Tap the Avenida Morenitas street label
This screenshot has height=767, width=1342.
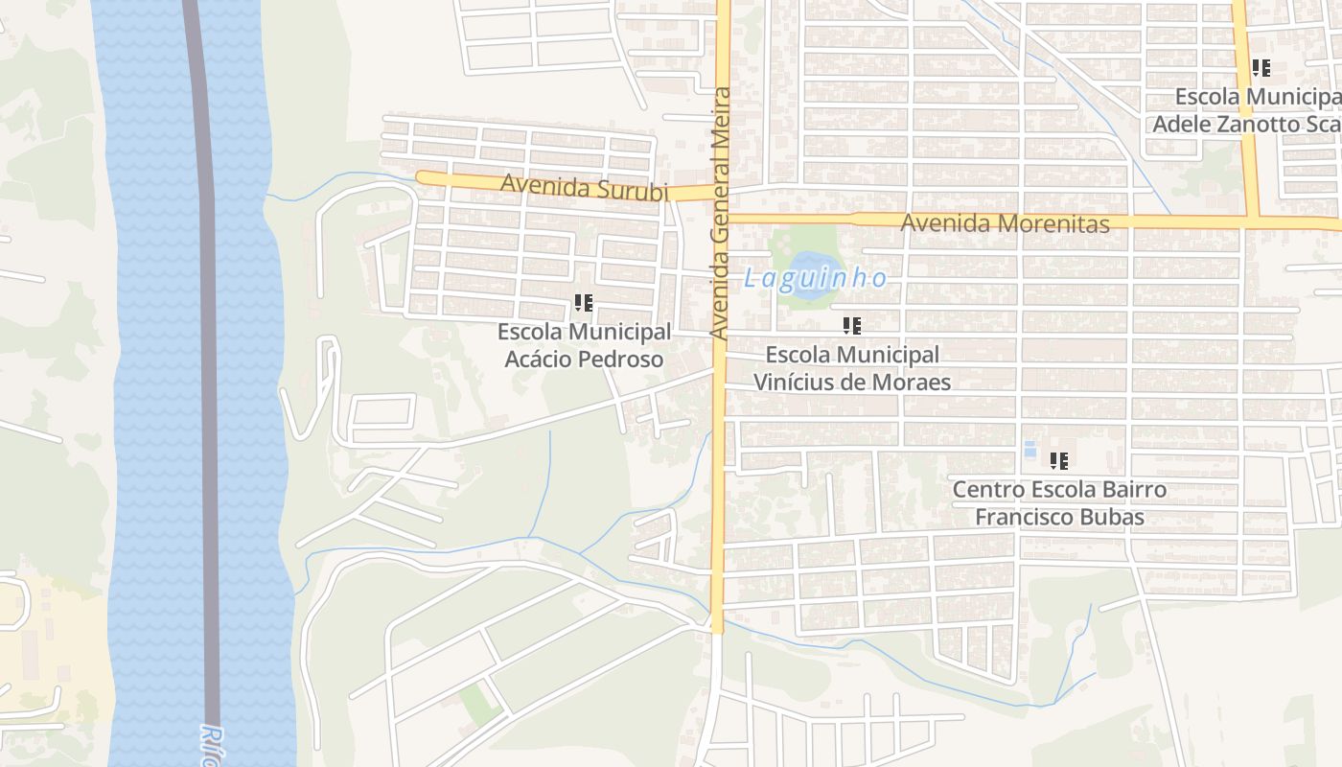[1005, 223]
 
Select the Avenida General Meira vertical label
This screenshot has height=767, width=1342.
[721, 213]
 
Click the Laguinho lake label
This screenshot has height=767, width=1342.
[816, 279]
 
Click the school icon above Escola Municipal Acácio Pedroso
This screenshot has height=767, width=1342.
[583, 304]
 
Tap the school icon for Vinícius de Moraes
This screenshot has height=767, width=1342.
[851, 326]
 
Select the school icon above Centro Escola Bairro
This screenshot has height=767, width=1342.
[1058, 461]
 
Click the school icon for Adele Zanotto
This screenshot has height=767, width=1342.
[1261, 68]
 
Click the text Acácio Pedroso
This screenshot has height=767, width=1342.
[584, 360]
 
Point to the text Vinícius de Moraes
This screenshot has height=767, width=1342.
[851, 383]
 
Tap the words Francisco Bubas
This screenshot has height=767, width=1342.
[1059, 518]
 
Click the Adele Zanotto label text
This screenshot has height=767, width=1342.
[1246, 125]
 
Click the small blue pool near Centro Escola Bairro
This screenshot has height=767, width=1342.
[1030, 449]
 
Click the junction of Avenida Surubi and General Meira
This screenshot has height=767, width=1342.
[721, 191]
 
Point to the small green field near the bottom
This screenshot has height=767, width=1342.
[479, 705]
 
